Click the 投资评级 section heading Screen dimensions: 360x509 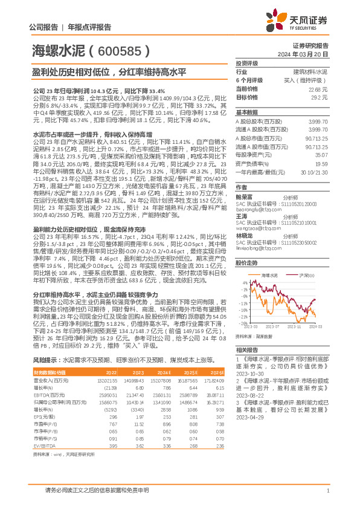pyautogui.click(x=246, y=63)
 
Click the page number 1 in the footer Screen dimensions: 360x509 pyautogui.click(x=327, y=490)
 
